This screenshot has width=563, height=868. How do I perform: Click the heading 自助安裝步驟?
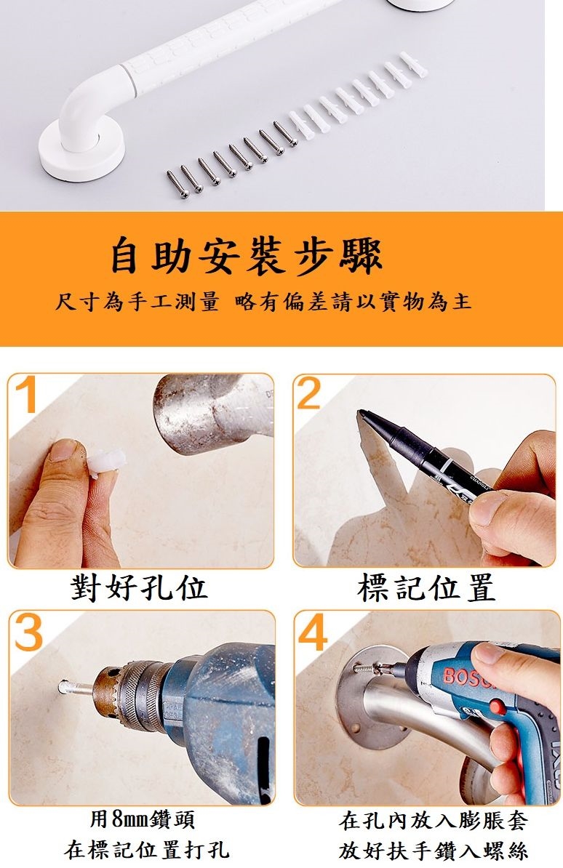(246, 255)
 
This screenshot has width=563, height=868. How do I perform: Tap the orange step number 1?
(25, 394)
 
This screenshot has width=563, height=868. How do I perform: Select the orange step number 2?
(308, 393)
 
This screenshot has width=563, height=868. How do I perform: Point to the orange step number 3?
(28, 632)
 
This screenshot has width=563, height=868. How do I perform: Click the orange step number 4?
(313, 632)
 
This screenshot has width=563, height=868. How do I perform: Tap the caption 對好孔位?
(139, 588)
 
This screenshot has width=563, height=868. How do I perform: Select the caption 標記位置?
(426, 588)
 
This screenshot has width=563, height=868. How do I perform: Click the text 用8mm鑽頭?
(143, 819)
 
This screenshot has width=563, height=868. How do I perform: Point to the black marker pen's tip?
(361, 413)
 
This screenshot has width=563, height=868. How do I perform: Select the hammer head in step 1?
(213, 412)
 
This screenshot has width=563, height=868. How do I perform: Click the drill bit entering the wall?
(76, 689)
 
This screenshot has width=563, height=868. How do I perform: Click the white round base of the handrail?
(81, 149)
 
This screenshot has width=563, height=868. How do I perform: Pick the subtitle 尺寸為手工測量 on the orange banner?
(137, 302)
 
